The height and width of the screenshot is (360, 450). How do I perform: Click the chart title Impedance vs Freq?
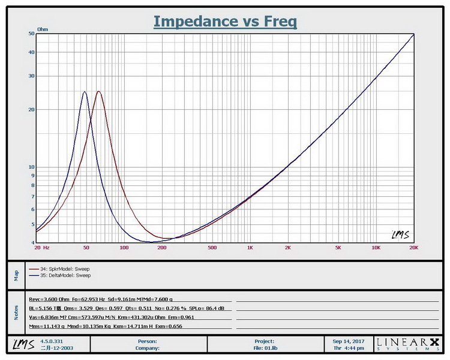point(225,21)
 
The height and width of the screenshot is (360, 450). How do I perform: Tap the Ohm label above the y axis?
point(43,29)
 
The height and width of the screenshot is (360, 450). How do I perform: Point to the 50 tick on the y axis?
point(31,34)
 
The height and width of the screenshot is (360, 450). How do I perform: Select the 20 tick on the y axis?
point(31,110)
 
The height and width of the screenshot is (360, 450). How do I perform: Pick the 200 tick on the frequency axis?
point(161,247)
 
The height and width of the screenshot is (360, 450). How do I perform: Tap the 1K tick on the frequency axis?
point(250,247)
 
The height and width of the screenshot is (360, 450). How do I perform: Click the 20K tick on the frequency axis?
point(412,247)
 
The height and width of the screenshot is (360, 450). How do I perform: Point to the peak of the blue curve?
point(85,92)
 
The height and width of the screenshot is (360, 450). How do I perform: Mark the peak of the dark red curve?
point(98,92)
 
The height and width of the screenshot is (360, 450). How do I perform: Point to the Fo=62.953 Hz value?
point(89,298)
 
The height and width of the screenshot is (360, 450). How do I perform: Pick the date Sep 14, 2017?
point(347,340)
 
